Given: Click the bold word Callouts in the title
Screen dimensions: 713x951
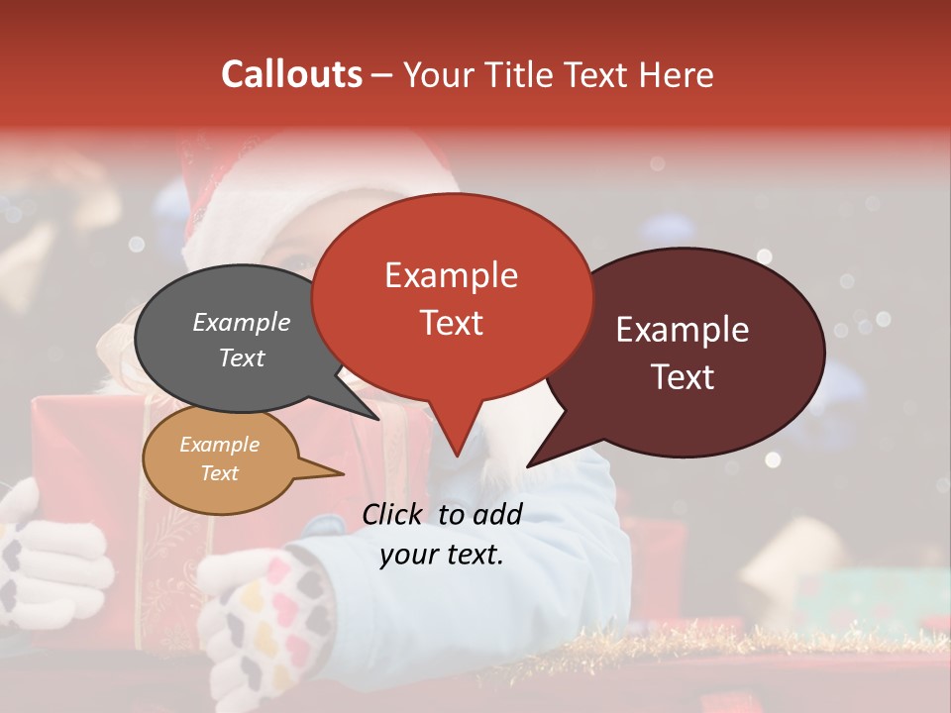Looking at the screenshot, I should (x=292, y=74).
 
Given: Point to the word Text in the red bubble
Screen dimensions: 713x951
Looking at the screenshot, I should (x=451, y=322).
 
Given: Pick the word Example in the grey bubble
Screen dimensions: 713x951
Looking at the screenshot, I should (x=241, y=322).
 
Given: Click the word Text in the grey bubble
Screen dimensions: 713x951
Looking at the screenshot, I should (x=241, y=357).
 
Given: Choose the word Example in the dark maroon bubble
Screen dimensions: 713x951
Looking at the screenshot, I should (x=683, y=329).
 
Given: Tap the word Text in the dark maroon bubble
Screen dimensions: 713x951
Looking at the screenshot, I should (x=683, y=376).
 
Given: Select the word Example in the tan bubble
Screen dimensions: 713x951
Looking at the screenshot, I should (x=219, y=445).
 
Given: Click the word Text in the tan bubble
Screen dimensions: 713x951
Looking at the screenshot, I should (x=219, y=472).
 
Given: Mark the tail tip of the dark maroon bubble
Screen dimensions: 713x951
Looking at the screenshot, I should (x=529, y=465).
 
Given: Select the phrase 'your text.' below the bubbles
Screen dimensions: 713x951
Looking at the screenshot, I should (x=441, y=555).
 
